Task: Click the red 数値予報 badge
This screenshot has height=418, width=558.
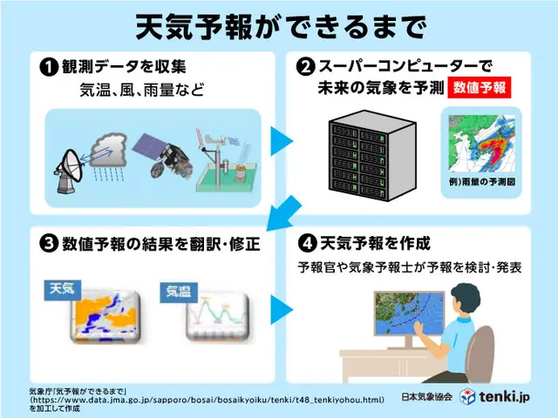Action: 479,87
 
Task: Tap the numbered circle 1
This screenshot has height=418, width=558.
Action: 49,67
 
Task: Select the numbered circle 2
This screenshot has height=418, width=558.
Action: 305,66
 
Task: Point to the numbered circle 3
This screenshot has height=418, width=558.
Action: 49,244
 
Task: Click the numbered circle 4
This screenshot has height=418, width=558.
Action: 307,244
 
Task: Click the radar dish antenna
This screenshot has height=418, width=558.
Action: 69,172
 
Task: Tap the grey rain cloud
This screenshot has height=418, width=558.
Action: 108,151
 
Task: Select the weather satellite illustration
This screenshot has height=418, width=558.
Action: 163,155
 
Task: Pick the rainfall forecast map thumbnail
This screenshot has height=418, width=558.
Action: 481,143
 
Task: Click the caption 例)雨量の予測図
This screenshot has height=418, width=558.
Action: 482,182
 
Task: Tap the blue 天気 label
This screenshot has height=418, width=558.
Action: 63,290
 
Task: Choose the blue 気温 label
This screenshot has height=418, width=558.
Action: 179,293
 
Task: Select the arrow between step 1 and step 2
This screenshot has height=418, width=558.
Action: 281,141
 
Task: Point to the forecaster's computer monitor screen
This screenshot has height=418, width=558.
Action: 409,313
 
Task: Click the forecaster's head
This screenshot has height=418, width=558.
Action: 465,299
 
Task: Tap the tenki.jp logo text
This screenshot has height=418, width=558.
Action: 504,397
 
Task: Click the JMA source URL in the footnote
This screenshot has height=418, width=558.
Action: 208,400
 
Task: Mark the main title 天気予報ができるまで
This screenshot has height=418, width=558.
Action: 281,27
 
